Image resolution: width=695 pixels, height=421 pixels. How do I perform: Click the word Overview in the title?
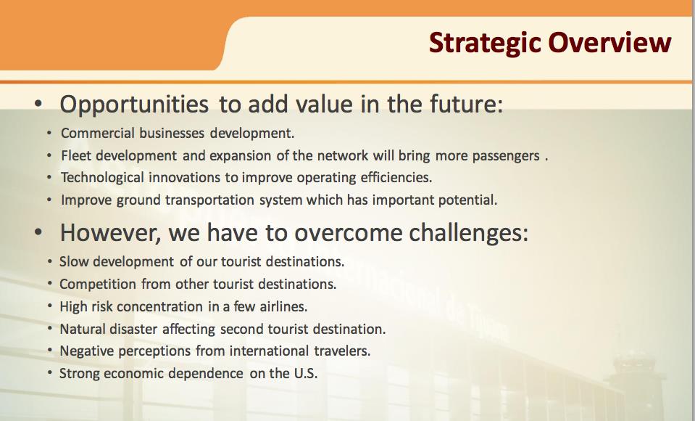610,42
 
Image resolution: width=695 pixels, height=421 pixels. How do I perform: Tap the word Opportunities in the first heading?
134,105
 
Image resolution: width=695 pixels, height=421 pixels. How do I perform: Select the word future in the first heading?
466,104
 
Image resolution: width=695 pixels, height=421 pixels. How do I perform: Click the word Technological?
102,178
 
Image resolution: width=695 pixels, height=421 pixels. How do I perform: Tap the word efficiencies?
396,178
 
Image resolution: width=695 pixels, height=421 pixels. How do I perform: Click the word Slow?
74,261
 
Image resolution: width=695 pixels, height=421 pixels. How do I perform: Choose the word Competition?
98,285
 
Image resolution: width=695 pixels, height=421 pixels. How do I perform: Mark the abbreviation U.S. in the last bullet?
306,373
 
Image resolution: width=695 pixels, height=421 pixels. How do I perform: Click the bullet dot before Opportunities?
38,104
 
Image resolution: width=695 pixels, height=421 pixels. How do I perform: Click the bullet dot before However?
38,233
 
